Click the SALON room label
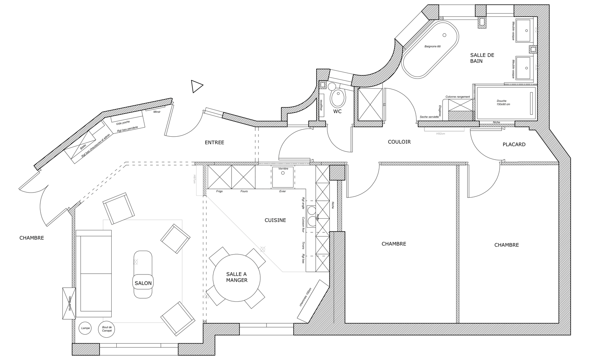(x=143, y=283)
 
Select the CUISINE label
(x=275, y=220)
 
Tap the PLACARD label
(x=514, y=144)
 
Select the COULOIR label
(x=399, y=142)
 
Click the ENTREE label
(x=214, y=143)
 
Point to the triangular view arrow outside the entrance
(x=196, y=86)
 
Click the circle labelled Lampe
(x=85, y=328)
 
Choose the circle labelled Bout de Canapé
(x=107, y=329)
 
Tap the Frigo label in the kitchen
(x=219, y=191)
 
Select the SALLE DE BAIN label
(x=482, y=58)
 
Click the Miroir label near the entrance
(x=157, y=112)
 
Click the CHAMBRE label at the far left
(x=32, y=238)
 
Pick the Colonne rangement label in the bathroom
(x=457, y=97)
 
